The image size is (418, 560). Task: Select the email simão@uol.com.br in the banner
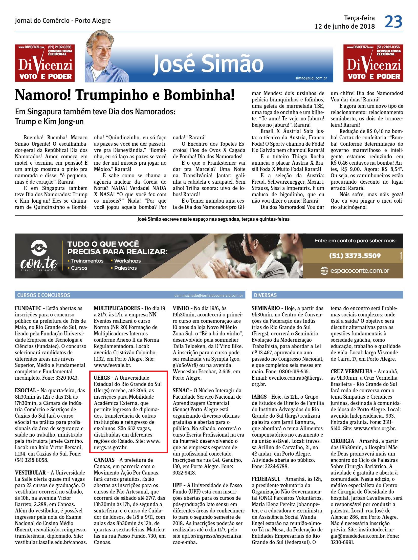pyautogui.click(x=311, y=78)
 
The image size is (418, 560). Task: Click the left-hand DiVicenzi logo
pyautogui.click(x=45, y=63)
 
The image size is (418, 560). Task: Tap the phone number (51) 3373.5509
pyautogui.click(x=355, y=255)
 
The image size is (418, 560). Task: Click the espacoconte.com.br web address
pyautogui.click(x=360, y=270)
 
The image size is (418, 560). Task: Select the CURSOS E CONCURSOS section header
pyautogui.click(x=43, y=295)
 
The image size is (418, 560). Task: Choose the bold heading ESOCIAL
pyautogui.click(x=25, y=391)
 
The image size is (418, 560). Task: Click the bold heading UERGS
pyautogui.click(x=102, y=378)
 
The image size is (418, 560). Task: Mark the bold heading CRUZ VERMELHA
pyautogui.click(x=351, y=372)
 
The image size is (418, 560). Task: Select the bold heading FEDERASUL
pyautogui.click(x=266, y=479)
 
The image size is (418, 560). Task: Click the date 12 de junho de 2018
pyautogui.click(x=345, y=26)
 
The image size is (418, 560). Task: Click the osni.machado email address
pyautogui.click(x=208, y=295)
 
